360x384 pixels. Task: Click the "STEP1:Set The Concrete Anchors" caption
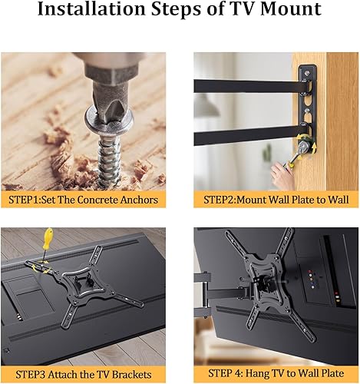[83, 200]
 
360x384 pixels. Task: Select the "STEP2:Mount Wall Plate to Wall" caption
[276, 200]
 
